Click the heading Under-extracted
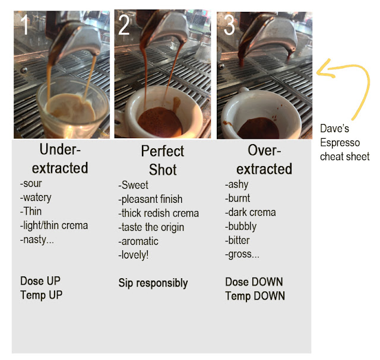click(59, 158)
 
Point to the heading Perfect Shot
click(162, 160)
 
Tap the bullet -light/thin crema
click(54, 225)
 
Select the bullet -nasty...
click(37, 240)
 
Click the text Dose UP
click(40, 281)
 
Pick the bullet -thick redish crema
click(159, 213)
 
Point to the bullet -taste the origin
click(151, 227)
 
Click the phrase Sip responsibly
click(153, 283)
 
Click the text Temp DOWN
click(255, 295)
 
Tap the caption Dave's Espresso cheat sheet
click(344, 142)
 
